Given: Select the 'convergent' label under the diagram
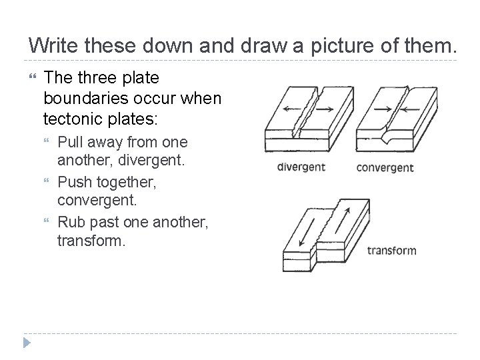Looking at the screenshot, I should click(x=385, y=167).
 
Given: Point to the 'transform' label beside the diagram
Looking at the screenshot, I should click(x=392, y=251).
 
